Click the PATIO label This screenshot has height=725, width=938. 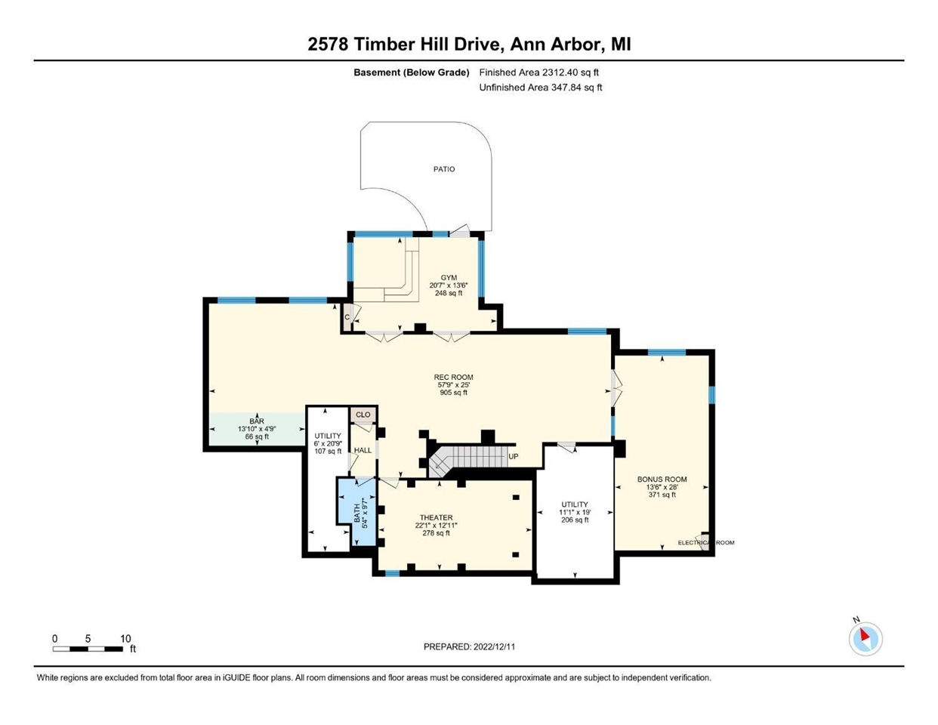pyautogui.click(x=444, y=169)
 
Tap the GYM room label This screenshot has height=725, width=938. pyautogui.click(x=449, y=277)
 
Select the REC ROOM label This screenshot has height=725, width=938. pyautogui.click(x=453, y=377)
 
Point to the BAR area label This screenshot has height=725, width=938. pyautogui.click(x=257, y=421)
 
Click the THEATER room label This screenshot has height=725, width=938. pyautogui.click(x=436, y=517)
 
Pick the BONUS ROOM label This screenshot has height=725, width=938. pyautogui.click(x=662, y=479)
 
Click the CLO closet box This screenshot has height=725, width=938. pyautogui.click(x=363, y=415)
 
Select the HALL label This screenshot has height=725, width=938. pyautogui.click(x=363, y=450)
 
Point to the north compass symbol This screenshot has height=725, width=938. pyautogui.click(x=865, y=640)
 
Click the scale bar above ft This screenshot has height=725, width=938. pyautogui.click(x=88, y=649)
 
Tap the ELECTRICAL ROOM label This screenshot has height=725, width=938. pyautogui.click(x=706, y=542)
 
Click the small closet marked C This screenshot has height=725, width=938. pyautogui.click(x=347, y=317)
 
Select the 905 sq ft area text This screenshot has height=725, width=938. pyautogui.click(x=453, y=392)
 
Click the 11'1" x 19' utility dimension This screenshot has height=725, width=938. pyautogui.click(x=575, y=512)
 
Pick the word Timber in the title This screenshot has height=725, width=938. pyautogui.click(x=379, y=44)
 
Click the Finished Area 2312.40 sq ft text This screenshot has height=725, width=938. pyautogui.click(x=538, y=72)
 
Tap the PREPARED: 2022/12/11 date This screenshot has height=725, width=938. pyautogui.click(x=469, y=646)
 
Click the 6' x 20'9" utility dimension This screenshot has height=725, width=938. pyautogui.click(x=328, y=443)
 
